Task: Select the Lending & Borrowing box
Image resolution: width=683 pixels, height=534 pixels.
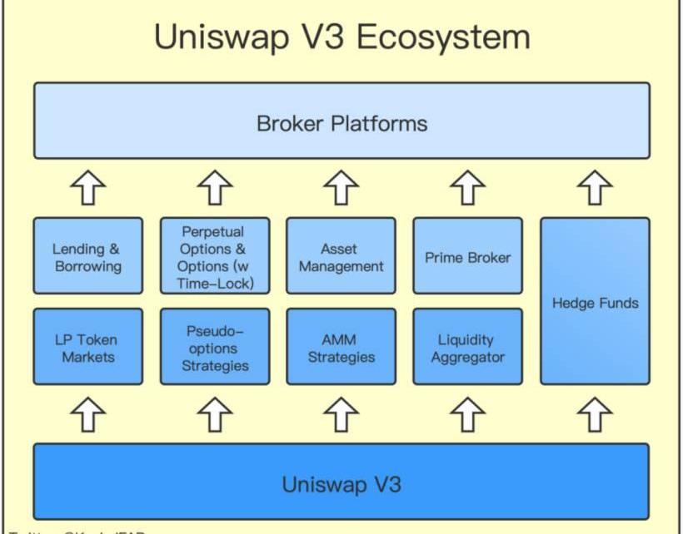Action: click(87, 256)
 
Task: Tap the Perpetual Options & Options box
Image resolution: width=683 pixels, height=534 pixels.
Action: click(215, 256)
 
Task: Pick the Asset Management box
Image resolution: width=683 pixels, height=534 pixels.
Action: click(341, 256)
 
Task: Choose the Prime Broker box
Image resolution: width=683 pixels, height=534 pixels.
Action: click(467, 256)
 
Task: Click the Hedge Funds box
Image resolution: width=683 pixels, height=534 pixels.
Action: click(595, 301)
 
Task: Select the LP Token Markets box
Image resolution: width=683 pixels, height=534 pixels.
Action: click(87, 347)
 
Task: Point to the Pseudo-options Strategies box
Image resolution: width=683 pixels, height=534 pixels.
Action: click(215, 347)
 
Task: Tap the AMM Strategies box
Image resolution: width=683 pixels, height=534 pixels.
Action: click(341, 347)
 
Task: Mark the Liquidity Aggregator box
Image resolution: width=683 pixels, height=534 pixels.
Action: click(467, 347)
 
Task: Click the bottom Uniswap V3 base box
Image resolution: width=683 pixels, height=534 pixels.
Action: click(341, 482)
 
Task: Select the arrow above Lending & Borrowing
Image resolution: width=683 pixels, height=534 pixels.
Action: click(88, 188)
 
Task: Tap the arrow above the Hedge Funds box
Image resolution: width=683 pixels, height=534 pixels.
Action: click(595, 188)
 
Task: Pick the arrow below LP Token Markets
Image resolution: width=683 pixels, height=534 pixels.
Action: click(88, 414)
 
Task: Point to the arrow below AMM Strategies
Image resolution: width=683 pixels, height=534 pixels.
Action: click(341, 414)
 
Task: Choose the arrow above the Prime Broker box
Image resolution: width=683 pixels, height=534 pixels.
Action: click(468, 188)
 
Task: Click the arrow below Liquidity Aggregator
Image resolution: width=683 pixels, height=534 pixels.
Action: click(468, 414)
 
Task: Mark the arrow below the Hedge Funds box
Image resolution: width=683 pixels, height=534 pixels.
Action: click(595, 414)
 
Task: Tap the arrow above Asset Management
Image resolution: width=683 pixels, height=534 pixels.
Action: click(341, 188)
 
